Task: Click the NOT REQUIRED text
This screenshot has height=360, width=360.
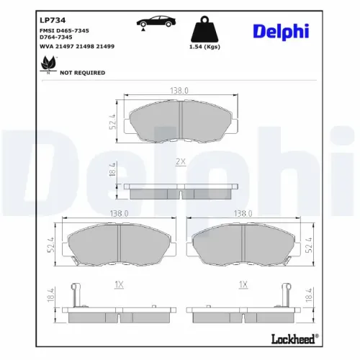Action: (82, 73)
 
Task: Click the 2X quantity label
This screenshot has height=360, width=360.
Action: (181, 162)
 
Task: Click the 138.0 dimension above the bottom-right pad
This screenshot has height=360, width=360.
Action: (241, 214)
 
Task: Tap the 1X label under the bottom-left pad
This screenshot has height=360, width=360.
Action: (119, 285)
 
